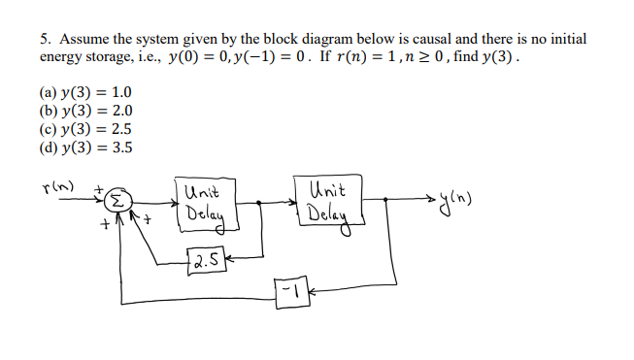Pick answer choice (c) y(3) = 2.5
pyautogui.click(x=85, y=129)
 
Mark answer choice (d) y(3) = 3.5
pyautogui.click(x=85, y=147)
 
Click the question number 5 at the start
pyautogui.click(x=45, y=40)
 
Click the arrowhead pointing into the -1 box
pyautogui.click(x=313, y=288)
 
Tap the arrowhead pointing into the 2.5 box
pyautogui.click(x=229, y=259)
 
